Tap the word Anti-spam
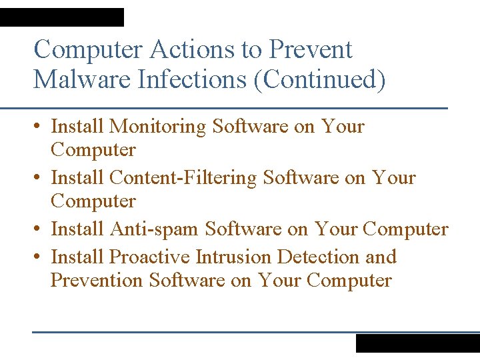[153, 229]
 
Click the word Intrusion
[233, 257]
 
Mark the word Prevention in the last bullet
[97, 280]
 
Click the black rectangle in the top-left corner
[61, 17]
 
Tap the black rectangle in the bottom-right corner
[417, 343]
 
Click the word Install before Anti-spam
[77, 229]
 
